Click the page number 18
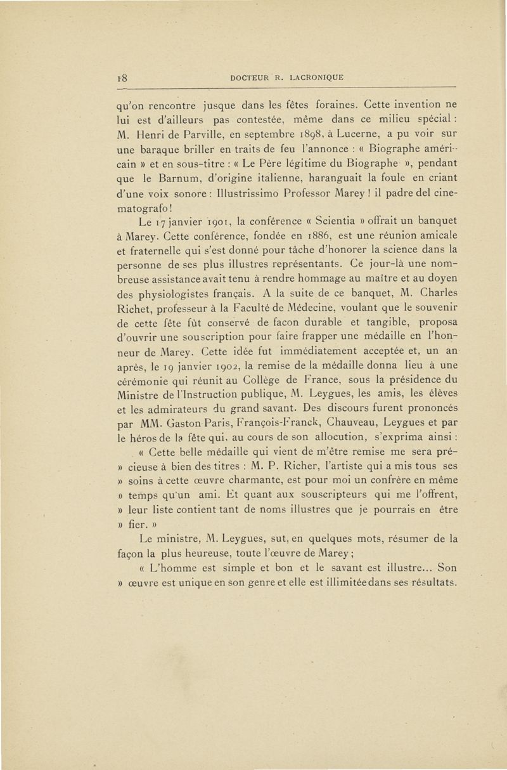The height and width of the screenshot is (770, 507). [x=123, y=79]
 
